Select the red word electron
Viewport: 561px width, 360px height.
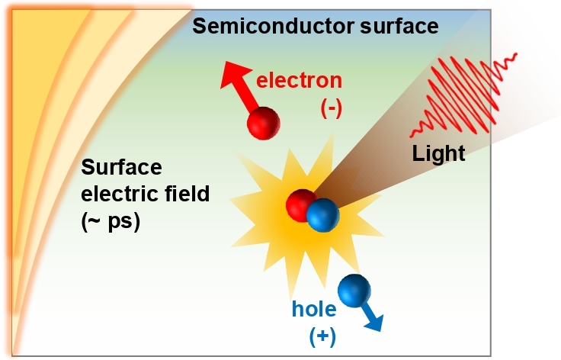299,80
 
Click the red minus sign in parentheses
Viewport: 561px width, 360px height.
331,108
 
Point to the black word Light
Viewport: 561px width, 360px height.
438,153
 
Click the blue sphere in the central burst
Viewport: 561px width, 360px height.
322,216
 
